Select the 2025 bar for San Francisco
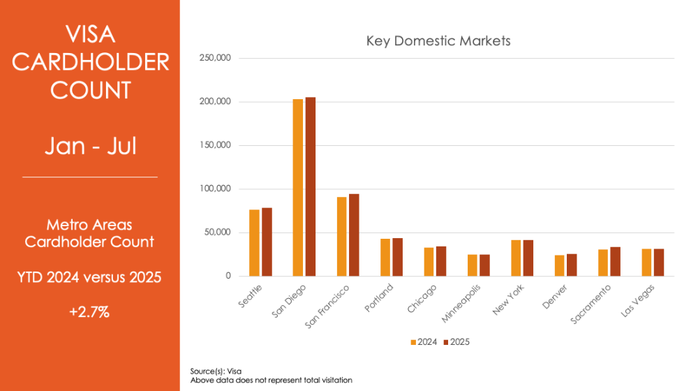[354, 235]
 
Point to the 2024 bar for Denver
[560, 265]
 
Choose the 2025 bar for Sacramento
[614, 261]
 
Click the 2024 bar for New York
[516, 258]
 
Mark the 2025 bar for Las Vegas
[658, 262]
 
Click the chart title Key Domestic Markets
[438, 40]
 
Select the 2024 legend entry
[424, 342]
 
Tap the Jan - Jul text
[90, 146]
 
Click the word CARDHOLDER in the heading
[90, 62]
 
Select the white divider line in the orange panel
[90, 177]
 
